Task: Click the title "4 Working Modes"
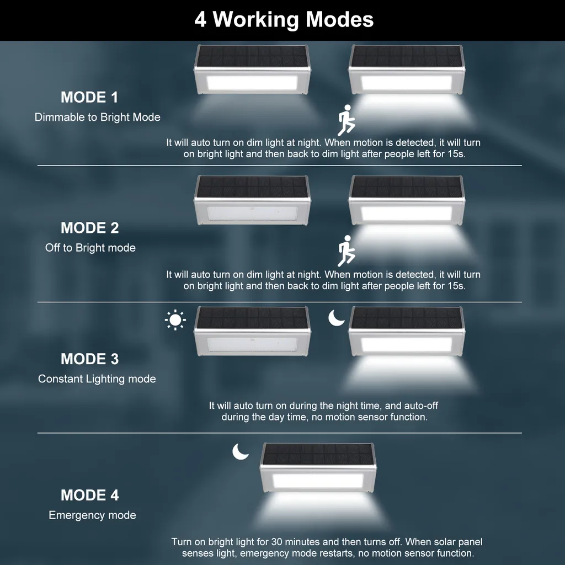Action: (284, 19)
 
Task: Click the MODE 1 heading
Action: (89, 97)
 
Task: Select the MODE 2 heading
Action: (90, 228)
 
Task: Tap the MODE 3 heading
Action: (90, 359)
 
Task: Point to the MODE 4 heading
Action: (90, 495)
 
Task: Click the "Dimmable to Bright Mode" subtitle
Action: (97, 117)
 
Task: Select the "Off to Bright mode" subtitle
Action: (90, 248)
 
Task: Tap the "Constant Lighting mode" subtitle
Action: (97, 379)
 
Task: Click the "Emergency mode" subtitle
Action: (92, 515)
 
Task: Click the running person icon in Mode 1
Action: (347, 120)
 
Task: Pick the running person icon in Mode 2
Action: (347, 251)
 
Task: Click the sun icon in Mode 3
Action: (175, 320)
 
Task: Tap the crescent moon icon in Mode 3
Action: (336, 318)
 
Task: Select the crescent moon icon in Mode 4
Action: (241, 451)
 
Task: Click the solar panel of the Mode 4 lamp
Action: (318, 454)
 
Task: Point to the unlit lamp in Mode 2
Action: (252, 200)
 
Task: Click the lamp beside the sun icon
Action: (252, 331)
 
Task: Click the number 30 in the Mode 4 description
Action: (277, 542)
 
